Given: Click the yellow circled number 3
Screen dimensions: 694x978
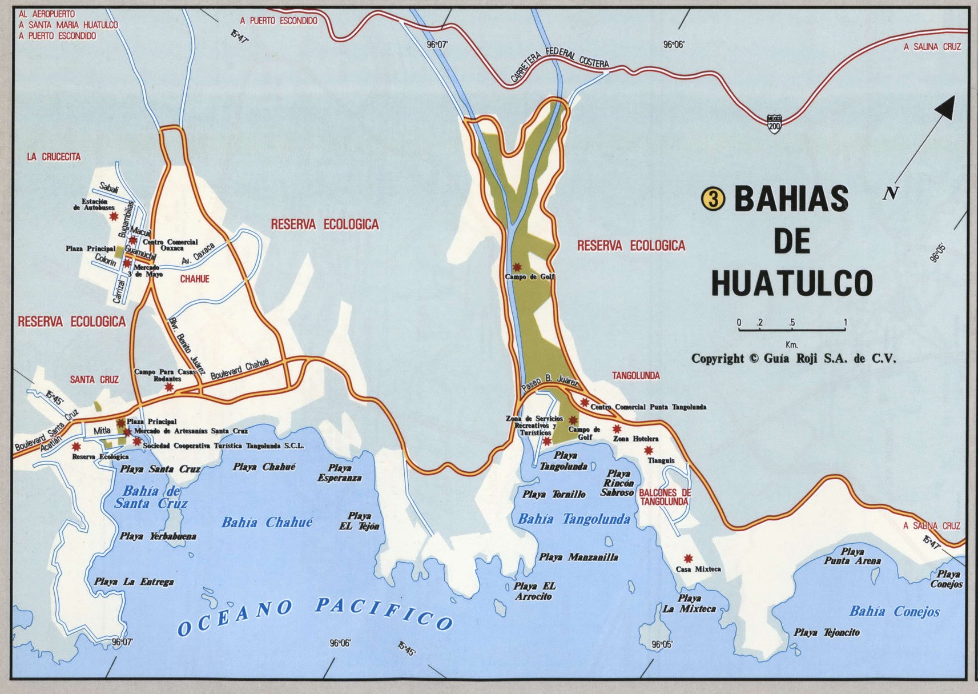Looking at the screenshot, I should tap(713, 199).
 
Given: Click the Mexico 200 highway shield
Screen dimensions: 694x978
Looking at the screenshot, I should tap(774, 124).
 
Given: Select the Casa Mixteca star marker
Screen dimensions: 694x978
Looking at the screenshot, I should tap(688, 558).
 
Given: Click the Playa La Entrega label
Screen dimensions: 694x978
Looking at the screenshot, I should tap(134, 582).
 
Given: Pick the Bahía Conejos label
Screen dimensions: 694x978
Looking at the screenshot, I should tap(894, 612).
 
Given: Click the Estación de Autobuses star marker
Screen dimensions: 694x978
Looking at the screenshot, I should tap(114, 216).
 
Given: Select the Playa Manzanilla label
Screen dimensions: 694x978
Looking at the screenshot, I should tap(578, 557).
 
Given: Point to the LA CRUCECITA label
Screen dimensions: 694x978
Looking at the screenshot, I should tap(54, 157).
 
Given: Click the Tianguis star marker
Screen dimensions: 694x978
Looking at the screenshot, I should tap(649, 451).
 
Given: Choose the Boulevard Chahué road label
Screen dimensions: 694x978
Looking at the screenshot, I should tap(240, 370).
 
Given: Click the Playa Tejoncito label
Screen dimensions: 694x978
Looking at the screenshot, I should tap(826, 633).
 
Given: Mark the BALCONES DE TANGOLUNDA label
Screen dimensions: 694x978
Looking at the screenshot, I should tap(665, 497).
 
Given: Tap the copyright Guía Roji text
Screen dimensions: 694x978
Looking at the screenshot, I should tap(794, 359).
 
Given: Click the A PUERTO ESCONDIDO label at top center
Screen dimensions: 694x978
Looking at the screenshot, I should tap(279, 21).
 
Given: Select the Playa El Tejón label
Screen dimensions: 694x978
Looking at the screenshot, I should tap(359, 521).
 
